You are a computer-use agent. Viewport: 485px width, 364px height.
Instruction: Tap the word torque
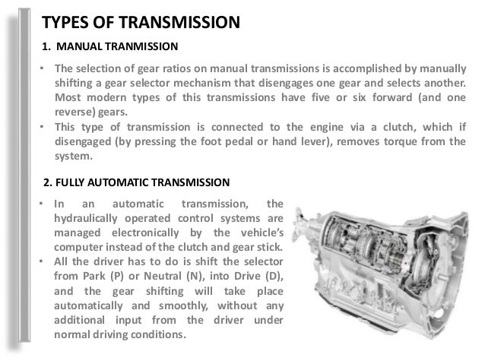(x=389, y=141)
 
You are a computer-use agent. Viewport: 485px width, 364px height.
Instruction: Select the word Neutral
(x=164, y=277)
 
